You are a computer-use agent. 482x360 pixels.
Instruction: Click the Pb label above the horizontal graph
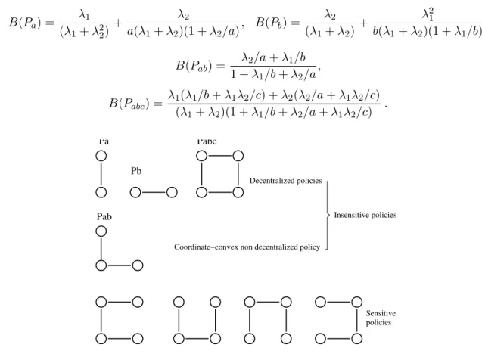click(x=136, y=171)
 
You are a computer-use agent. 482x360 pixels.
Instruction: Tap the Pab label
click(x=104, y=216)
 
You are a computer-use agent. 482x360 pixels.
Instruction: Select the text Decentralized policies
click(x=285, y=181)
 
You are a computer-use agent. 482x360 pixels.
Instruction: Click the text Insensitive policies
click(x=365, y=215)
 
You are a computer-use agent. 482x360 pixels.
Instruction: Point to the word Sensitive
click(x=381, y=313)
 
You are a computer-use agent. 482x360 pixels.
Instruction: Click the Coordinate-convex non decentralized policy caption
click(x=247, y=247)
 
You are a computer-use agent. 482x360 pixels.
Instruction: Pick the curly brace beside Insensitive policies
click(x=328, y=215)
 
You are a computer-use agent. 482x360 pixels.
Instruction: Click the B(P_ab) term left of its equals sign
click(x=194, y=66)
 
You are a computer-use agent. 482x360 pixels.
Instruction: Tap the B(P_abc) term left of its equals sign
click(x=129, y=103)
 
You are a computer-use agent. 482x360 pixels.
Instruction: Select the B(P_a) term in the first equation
click(x=25, y=23)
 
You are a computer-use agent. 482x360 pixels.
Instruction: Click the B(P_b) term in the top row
click(x=271, y=23)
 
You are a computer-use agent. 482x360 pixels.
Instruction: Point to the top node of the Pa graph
click(x=101, y=156)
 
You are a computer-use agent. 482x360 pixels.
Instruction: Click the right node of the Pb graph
click(x=172, y=193)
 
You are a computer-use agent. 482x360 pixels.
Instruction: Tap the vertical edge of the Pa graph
click(x=101, y=174)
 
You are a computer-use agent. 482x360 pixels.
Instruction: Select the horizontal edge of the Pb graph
click(x=154, y=193)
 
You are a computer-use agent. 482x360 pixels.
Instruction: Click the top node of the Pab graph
click(x=101, y=231)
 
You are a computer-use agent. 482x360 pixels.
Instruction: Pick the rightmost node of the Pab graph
click(x=138, y=265)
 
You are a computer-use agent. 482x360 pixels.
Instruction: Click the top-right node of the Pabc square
click(x=238, y=156)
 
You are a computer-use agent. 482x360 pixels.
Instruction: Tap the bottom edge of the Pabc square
click(x=219, y=193)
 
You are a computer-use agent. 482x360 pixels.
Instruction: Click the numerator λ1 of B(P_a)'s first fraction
click(x=84, y=14)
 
